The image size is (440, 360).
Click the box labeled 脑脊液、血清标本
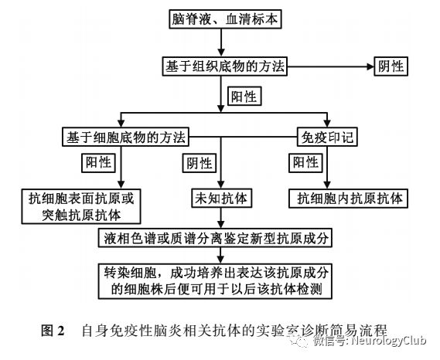(x=225, y=19)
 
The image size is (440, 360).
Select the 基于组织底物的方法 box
(x=224, y=66)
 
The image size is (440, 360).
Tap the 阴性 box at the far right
(x=391, y=66)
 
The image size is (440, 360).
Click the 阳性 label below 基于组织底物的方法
(x=244, y=97)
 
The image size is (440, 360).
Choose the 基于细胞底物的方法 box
(x=125, y=137)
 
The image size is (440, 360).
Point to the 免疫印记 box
(x=327, y=137)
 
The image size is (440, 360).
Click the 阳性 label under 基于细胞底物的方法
(x=98, y=162)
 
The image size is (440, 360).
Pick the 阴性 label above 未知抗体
(x=200, y=163)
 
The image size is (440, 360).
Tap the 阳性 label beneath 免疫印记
(x=305, y=162)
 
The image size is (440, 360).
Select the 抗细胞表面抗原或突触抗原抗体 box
(x=81, y=206)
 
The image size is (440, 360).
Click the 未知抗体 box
(x=221, y=199)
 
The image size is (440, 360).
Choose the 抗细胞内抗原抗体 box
(x=348, y=199)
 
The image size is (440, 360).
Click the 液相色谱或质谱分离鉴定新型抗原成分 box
(x=215, y=238)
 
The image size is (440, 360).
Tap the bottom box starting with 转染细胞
(x=215, y=281)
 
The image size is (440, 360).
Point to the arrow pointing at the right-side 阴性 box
(x=330, y=66)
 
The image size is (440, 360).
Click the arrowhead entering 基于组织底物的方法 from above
(x=221, y=53)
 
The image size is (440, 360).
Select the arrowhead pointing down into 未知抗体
(x=221, y=185)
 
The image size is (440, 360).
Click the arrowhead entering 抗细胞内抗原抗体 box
(x=327, y=185)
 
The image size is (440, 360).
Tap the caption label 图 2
(x=53, y=331)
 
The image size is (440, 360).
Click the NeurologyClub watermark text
(x=389, y=341)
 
